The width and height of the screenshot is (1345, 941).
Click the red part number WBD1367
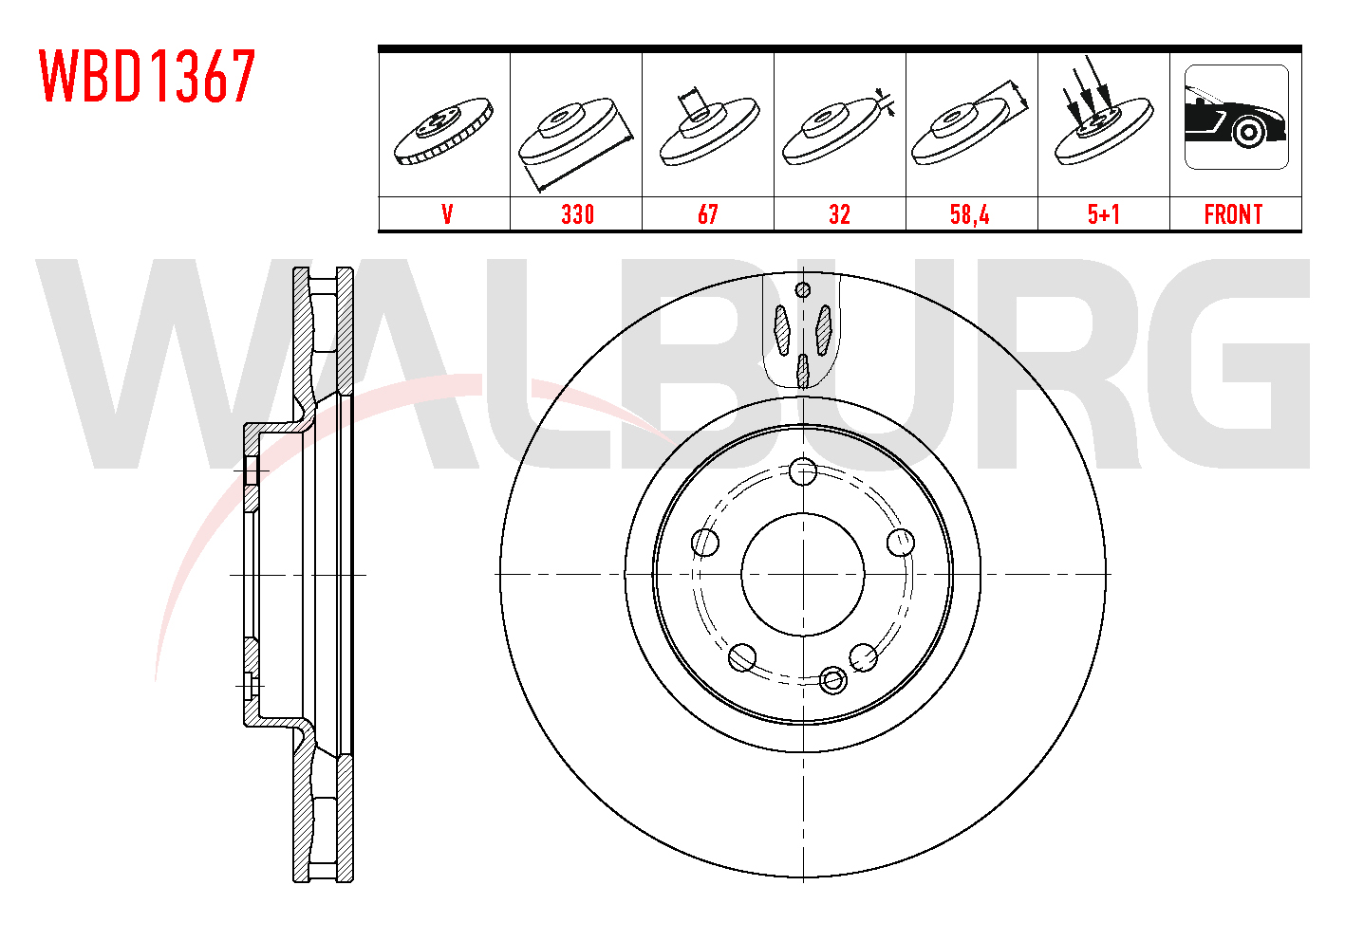[x=147, y=76]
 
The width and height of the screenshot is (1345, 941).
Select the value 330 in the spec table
[x=577, y=214]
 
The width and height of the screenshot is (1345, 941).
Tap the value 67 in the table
[x=708, y=214]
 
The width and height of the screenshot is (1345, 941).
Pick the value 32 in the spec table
[x=839, y=214]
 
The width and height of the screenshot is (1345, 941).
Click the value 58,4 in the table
[x=970, y=214]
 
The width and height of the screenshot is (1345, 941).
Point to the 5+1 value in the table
[x=1104, y=214]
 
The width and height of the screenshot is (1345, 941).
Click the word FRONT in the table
[x=1233, y=214]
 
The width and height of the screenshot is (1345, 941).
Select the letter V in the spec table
[x=447, y=214]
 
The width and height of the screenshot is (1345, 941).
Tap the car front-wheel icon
[x=1237, y=117]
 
